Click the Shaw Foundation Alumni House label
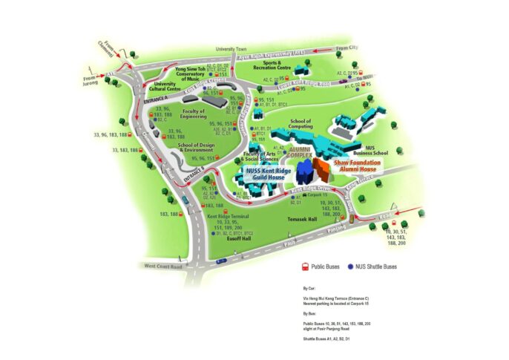coord(354,165)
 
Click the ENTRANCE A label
coord(158,97)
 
